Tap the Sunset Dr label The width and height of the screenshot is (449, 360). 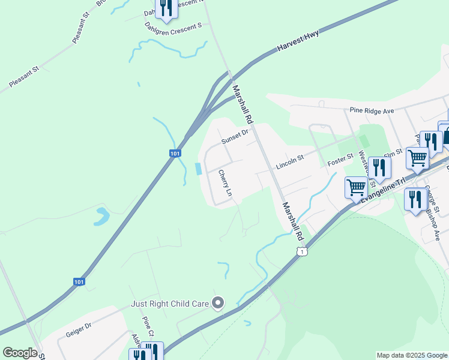tap(234, 137)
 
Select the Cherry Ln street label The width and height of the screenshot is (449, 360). tap(224, 184)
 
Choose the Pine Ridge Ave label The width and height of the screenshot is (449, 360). tap(372, 111)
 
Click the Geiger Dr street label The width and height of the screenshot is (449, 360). tap(78, 329)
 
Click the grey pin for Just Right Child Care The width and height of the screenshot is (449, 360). tap(218, 304)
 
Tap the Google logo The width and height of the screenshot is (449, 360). tap(19, 353)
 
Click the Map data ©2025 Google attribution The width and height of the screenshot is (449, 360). tap(411, 355)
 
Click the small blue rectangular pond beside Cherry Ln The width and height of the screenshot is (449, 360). tap(198, 169)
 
